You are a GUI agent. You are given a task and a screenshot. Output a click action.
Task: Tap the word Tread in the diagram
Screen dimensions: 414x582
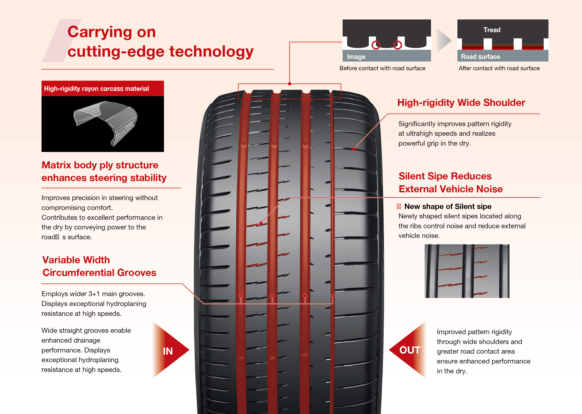click(492, 30)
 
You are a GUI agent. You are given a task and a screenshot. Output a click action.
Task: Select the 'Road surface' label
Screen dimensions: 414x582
click(480, 57)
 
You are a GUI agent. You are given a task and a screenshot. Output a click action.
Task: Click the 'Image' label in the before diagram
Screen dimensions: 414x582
click(356, 57)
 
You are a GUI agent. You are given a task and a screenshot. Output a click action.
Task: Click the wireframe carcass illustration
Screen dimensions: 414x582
click(105, 122)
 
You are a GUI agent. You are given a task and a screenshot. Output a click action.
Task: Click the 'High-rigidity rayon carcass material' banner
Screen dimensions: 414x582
click(102, 89)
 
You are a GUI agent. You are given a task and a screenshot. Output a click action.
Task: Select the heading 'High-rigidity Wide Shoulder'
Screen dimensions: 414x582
click(461, 102)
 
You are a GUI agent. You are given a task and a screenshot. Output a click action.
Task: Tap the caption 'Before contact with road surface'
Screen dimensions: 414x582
click(382, 68)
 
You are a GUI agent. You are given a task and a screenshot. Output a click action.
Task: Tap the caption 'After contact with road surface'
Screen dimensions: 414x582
click(499, 68)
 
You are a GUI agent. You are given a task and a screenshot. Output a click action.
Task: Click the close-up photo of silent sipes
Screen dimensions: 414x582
click(467, 271)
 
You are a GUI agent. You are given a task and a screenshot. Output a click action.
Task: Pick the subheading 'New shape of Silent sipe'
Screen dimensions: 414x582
click(448, 206)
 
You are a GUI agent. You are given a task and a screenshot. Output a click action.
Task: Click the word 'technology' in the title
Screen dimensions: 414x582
click(211, 51)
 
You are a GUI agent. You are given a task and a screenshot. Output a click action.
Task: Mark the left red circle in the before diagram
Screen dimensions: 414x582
click(376, 45)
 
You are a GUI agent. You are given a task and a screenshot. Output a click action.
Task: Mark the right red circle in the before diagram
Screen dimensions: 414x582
click(397, 45)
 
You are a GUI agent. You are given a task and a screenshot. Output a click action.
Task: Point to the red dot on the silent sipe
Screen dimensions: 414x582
click(261, 223)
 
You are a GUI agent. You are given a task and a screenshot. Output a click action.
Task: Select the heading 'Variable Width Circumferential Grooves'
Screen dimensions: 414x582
click(99, 266)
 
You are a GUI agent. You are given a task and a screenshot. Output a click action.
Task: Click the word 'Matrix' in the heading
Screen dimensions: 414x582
click(56, 165)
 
